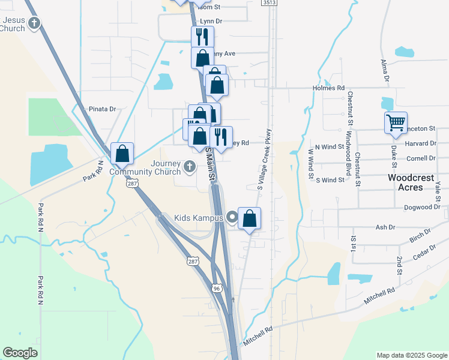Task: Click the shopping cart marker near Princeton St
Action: [x=396, y=123]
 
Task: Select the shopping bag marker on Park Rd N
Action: [x=122, y=154]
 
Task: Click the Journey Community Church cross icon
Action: [x=190, y=166]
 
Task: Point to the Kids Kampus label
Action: [x=198, y=218]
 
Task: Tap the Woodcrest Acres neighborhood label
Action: [x=414, y=182]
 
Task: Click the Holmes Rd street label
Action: [x=328, y=88]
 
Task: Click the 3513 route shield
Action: [x=270, y=3]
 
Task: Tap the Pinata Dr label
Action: [x=102, y=109]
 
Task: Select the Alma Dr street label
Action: [x=385, y=71]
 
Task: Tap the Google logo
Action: [x=20, y=353]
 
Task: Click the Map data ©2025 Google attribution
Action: [x=412, y=355]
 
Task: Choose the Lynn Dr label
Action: [x=211, y=21]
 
